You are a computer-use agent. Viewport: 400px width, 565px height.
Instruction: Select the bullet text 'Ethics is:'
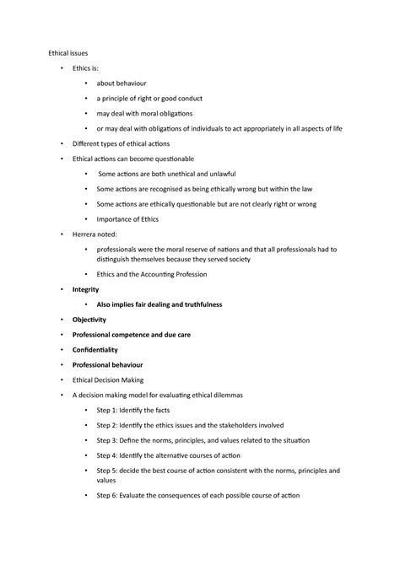tap(88, 68)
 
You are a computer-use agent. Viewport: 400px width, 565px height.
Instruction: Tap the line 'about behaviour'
tap(122, 83)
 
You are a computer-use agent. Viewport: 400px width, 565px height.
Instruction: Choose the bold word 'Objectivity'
tap(89, 320)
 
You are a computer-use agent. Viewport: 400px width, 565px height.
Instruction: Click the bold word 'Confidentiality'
tap(95, 349)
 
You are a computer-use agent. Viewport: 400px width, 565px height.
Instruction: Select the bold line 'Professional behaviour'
tap(108, 364)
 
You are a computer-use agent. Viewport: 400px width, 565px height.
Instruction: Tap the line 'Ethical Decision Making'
tap(107, 379)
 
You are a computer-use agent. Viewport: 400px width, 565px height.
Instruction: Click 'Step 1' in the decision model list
tap(108, 410)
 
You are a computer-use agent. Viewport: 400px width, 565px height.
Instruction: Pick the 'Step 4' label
tap(108, 455)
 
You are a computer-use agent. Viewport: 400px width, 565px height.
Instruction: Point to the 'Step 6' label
tap(108, 495)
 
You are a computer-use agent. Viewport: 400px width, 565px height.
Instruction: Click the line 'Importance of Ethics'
tap(127, 219)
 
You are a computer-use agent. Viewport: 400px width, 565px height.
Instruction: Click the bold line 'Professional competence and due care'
tap(131, 335)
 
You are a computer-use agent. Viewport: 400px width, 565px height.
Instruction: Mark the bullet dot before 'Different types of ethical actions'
tap(62, 144)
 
